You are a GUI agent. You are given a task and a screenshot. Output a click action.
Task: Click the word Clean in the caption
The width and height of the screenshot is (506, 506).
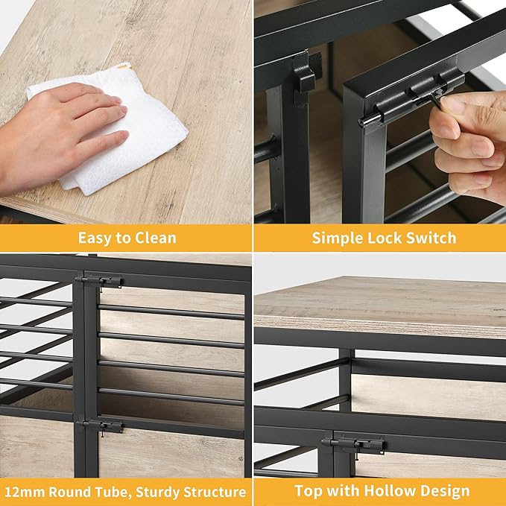pyautogui.click(x=156, y=238)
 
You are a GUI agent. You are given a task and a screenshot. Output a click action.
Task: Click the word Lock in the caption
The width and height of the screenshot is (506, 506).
pyautogui.click(x=385, y=238)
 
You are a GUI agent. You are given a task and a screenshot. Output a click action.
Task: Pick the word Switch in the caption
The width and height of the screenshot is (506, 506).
pyautogui.click(x=431, y=238)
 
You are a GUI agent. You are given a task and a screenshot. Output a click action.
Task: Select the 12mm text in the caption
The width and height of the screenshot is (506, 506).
pyautogui.click(x=25, y=492)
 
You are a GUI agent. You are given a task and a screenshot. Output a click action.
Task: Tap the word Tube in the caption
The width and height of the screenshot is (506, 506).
pyautogui.click(x=116, y=493)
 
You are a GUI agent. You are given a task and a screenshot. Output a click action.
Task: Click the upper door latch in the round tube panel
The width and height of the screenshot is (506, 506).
pyautogui.click(x=99, y=282)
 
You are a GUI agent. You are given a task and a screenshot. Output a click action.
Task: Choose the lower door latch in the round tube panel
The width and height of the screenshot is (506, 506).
pyautogui.click(x=101, y=426)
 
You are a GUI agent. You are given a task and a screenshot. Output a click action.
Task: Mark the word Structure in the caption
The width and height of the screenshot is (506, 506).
pyautogui.click(x=215, y=493)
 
